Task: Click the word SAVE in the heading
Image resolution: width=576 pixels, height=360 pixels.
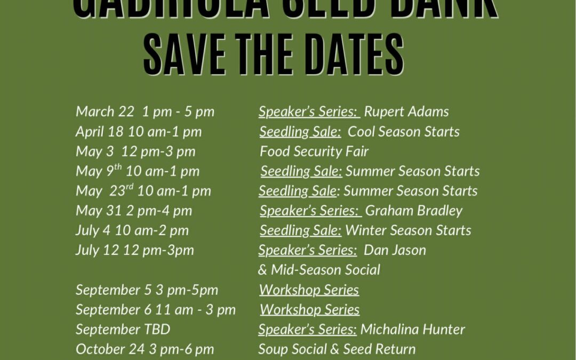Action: (185, 55)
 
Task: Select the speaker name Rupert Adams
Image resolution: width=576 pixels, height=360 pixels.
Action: (406, 111)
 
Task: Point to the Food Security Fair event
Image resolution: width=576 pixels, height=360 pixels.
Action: (314, 151)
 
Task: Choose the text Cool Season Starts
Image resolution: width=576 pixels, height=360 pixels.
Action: (404, 132)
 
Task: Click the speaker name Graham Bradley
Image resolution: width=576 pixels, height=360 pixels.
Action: (414, 211)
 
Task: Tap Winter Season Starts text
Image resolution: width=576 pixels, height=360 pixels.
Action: (409, 230)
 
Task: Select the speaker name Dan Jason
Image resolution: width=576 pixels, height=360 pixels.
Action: (395, 250)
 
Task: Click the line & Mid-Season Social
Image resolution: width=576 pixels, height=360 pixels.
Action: (319, 270)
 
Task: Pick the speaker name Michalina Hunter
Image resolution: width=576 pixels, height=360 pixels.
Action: (413, 330)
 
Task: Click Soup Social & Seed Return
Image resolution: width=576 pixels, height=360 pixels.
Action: (337, 349)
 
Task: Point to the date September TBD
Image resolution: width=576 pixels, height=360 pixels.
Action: (123, 330)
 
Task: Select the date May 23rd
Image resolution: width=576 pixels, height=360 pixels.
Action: (105, 191)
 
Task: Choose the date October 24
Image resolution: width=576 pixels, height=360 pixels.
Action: (109, 349)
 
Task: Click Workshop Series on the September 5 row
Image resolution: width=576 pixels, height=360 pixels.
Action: (309, 290)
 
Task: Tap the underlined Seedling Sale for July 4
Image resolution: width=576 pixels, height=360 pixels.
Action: (301, 230)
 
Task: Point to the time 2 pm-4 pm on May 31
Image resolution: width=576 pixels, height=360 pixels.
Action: (159, 211)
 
